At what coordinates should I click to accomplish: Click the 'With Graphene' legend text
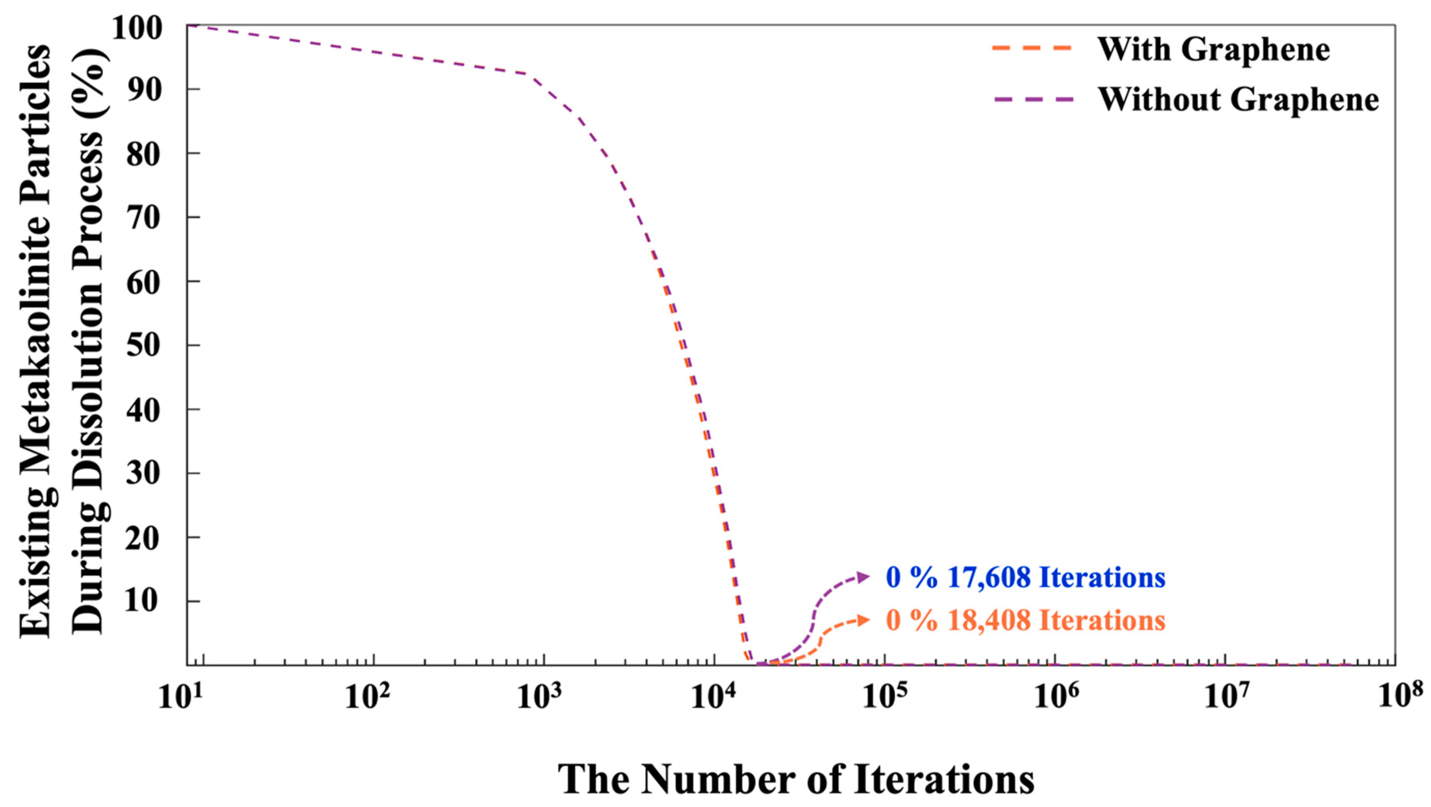pyautogui.click(x=1213, y=50)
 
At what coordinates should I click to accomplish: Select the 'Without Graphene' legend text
pyautogui.click(x=1238, y=100)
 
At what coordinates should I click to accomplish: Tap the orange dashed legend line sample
pyautogui.click(x=1032, y=48)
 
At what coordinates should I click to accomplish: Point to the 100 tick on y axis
pyautogui.click(x=145, y=28)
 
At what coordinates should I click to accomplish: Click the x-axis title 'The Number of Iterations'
pyautogui.click(x=796, y=779)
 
